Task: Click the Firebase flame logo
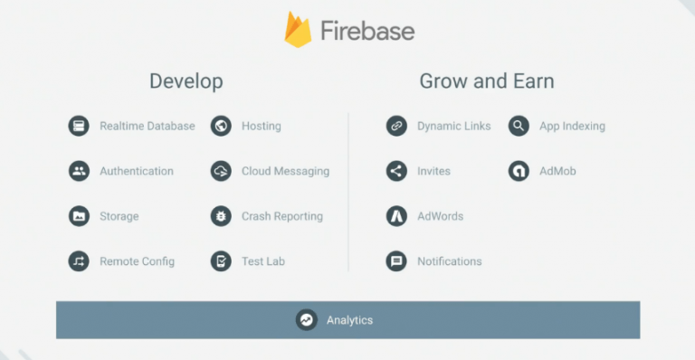(298, 30)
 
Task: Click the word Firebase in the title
(367, 31)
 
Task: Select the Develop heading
(186, 81)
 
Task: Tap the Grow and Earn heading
(486, 81)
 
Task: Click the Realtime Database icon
(79, 126)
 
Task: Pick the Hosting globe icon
(221, 126)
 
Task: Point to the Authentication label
(137, 171)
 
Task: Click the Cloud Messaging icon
(221, 171)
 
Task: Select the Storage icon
(79, 216)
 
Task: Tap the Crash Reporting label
(281, 216)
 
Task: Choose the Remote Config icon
(79, 261)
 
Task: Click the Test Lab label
(262, 261)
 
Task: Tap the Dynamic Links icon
(396, 126)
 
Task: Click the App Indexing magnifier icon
(519, 126)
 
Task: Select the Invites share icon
(396, 171)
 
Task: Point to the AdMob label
(557, 171)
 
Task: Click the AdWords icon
(396, 216)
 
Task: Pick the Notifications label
(449, 261)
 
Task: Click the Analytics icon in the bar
(307, 320)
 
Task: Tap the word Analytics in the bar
(349, 320)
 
